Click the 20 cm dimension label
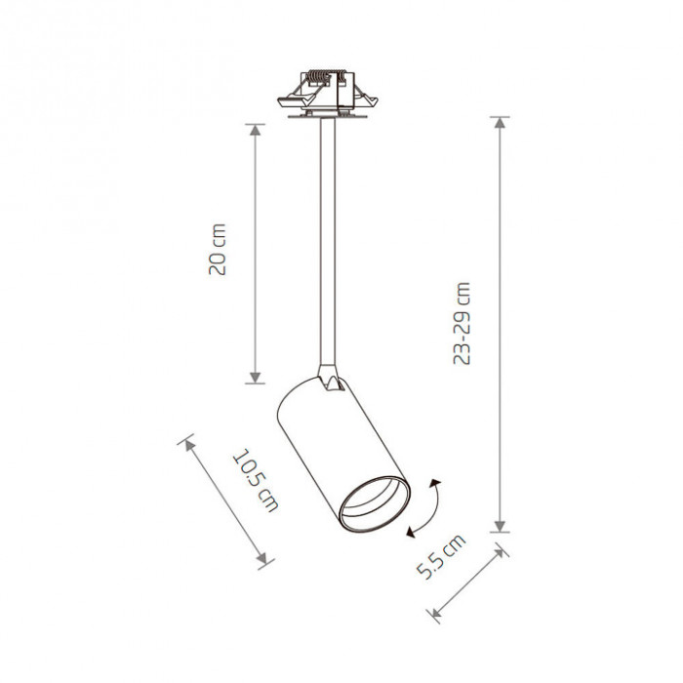point(217,249)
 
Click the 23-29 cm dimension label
point(462,323)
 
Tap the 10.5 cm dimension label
point(256,480)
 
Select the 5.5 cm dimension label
point(441,557)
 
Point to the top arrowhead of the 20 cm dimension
point(256,130)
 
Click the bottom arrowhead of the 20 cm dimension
point(256,378)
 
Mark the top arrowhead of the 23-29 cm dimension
point(500,122)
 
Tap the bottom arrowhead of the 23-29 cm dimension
point(500,526)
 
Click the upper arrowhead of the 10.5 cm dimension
point(189,445)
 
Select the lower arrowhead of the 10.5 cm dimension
point(261,558)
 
